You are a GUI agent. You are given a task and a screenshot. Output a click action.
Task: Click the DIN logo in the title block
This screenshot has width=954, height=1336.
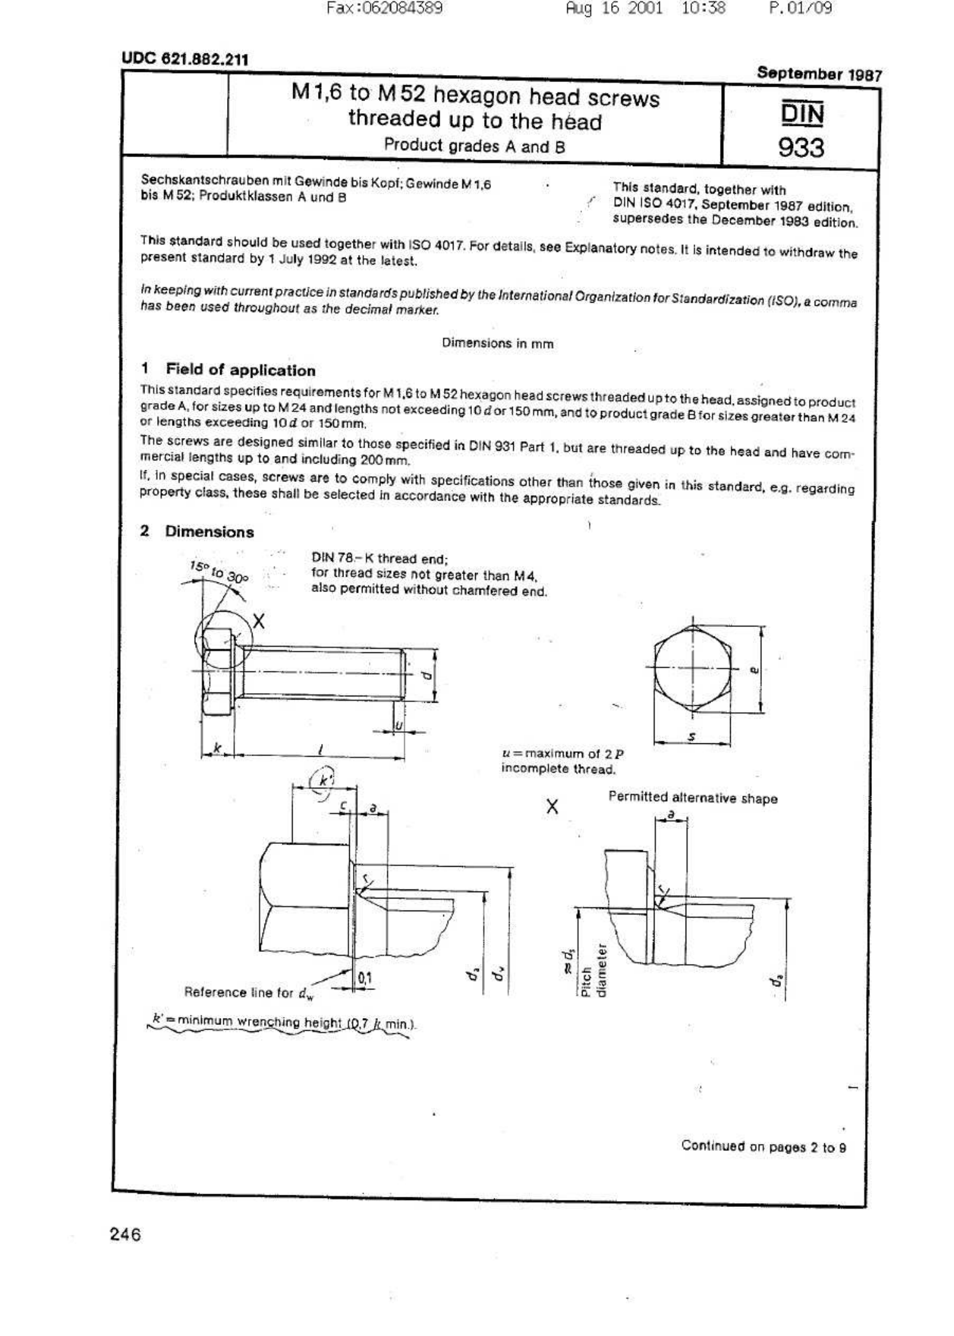pos(802,114)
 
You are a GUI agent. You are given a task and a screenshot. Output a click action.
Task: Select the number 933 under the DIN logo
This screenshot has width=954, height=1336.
pos(801,148)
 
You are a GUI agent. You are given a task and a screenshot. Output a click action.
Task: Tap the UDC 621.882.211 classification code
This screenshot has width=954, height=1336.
pos(185,59)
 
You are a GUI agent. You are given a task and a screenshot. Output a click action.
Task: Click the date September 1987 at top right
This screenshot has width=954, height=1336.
pos(819,74)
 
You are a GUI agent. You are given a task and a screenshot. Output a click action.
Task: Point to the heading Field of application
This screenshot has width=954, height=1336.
pos(240,370)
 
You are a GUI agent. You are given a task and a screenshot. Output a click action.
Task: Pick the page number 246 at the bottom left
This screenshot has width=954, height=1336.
pos(125,1234)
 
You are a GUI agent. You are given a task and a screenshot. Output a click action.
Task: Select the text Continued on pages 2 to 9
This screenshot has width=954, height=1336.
pos(763,1146)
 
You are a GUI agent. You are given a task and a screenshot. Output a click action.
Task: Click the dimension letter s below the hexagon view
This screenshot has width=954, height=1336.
pos(692,736)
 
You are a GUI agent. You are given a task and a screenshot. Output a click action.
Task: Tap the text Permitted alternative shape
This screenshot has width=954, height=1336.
pos(693,798)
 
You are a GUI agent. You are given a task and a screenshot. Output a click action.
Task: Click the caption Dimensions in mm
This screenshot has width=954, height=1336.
pos(497,343)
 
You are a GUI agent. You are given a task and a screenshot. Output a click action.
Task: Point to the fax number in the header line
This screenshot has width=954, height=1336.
pos(384,8)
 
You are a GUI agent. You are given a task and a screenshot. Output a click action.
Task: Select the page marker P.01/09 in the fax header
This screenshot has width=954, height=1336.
pos(800,8)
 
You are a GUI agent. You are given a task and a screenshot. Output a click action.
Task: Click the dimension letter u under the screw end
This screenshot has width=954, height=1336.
pos(398,724)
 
